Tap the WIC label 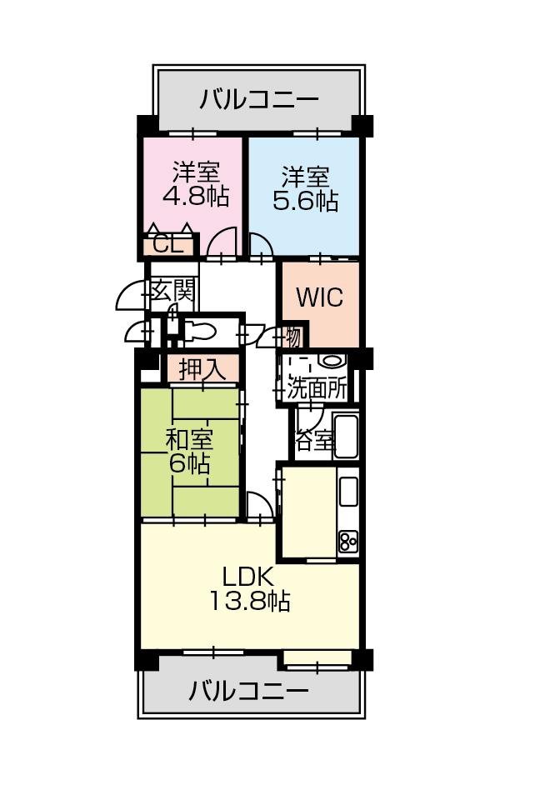319,298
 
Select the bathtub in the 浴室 346,436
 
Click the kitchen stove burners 347,542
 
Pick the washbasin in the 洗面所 332,361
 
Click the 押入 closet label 202,369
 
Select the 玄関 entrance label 173,291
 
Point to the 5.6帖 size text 305,201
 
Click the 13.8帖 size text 248,600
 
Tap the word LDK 247,576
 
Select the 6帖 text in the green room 190,464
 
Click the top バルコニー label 259,101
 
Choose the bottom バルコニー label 248,691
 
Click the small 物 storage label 292,337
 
